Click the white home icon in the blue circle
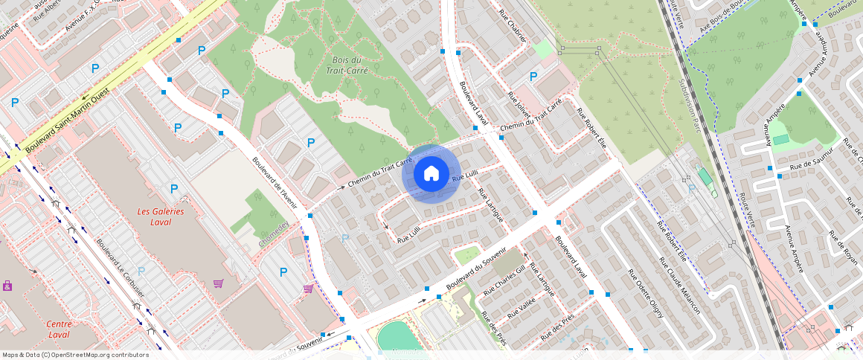click(431, 174)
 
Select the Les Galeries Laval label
click(160, 216)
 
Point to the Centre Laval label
click(58, 329)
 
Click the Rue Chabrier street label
click(513, 27)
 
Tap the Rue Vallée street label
click(521, 310)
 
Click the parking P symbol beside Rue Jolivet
click(533, 77)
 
